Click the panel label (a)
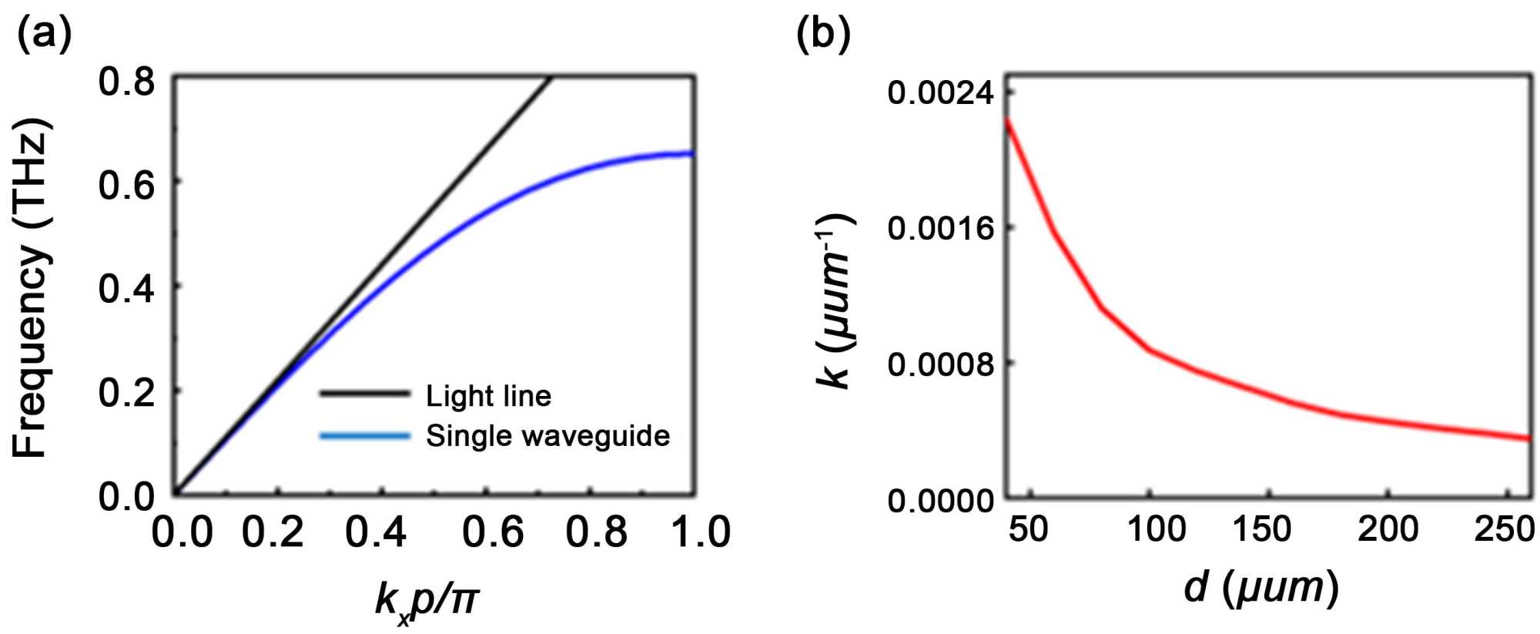point(45,35)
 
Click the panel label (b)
point(823,35)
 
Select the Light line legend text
point(488,396)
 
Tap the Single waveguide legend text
point(547,436)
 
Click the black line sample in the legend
point(364,394)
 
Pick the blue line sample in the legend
point(364,436)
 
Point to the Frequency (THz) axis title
point(32,288)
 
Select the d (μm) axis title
point(1260,588)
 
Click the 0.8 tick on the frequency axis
point(126,81)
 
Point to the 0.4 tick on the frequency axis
point(126,288)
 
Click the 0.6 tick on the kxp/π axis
point(493,532)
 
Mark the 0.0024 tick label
point(940,93)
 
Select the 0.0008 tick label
point(940,364)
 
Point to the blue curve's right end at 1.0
point(692,153)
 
